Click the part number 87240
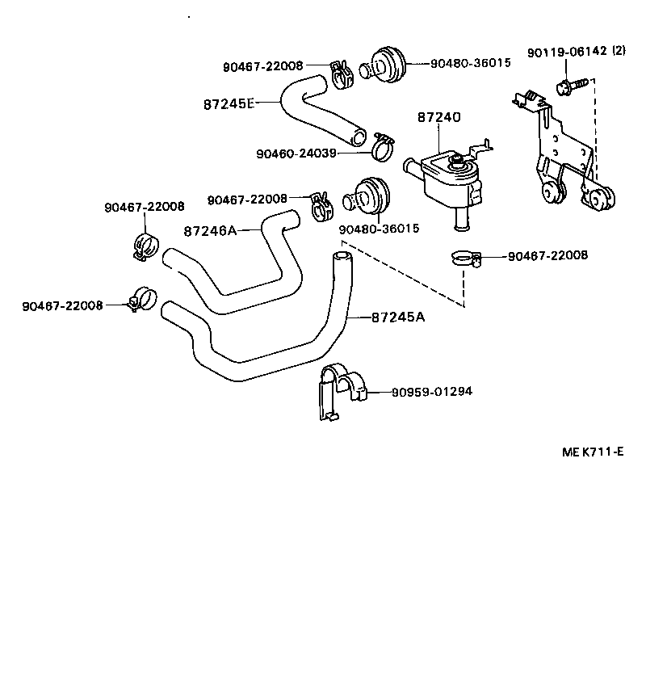click(x=438, y=118)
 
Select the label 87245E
click(x=229, y=103)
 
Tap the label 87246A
click(x=210, y=230)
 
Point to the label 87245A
click(x=398, y=317)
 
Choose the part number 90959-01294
click(x=432, y=392)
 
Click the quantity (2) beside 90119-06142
click(x=619, y=52)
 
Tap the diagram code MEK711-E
click(x=592, y=452)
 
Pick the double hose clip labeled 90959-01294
click(x=341, y=391)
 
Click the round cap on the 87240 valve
click(x=461, y=164)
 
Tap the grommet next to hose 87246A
click(x=370, y=196)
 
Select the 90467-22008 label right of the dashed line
click(x=547, y=256)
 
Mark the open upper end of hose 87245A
click(x=342, y=257)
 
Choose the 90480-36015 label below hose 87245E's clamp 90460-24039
click(x=379, y=229)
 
